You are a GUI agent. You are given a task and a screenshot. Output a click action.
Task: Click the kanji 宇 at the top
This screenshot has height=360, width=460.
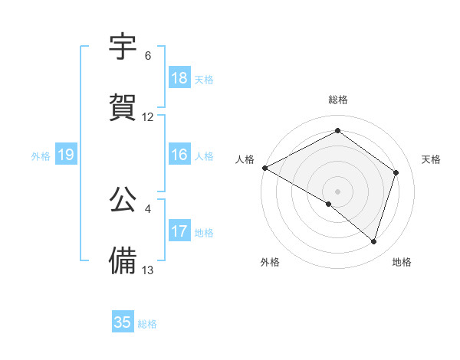click(x=123, y=47)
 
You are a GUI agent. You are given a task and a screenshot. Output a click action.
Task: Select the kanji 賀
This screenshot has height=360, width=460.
click(x=123, y=107)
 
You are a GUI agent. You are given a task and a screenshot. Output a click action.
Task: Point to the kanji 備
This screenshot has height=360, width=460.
click(x=123, y=260)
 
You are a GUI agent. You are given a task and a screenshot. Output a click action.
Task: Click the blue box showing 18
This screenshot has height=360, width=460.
click(x=179, y=78)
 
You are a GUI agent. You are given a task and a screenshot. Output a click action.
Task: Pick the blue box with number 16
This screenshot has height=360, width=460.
click(x=179, y=155)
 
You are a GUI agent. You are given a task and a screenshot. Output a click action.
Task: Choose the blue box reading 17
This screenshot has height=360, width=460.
click(x=179, y=231)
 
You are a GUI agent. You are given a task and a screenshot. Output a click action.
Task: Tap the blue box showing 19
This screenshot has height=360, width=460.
click(x=65, y=155)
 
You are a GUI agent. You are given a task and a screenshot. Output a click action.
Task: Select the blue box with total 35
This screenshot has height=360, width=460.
click(x=123, y=322)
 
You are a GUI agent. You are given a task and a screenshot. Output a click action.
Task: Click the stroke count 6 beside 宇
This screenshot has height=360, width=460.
click(x=148, y=56)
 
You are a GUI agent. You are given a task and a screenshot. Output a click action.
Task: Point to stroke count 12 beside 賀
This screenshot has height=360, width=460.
click(x=148, y=117)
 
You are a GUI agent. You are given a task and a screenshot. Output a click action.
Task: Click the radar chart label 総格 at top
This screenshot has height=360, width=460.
click(x=338, y=100)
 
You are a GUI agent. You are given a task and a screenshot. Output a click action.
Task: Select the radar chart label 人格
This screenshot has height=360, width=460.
click(x=245, y=159)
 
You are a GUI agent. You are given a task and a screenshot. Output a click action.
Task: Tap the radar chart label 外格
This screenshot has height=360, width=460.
click(x=270, y=262)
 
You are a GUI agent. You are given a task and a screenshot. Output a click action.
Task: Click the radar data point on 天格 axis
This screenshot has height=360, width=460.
click(x=396, y=172)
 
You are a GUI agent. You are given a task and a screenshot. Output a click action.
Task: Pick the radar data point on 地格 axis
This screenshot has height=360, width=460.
click(x=374, y=242)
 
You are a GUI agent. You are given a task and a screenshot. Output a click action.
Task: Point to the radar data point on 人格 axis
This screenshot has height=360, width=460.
click(x=264, y=168)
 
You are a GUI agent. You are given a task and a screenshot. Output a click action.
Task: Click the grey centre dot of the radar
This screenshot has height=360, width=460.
click(x=337, y=191)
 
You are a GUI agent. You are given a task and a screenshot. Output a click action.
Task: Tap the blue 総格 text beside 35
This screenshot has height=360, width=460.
click(x=147, y=324)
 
